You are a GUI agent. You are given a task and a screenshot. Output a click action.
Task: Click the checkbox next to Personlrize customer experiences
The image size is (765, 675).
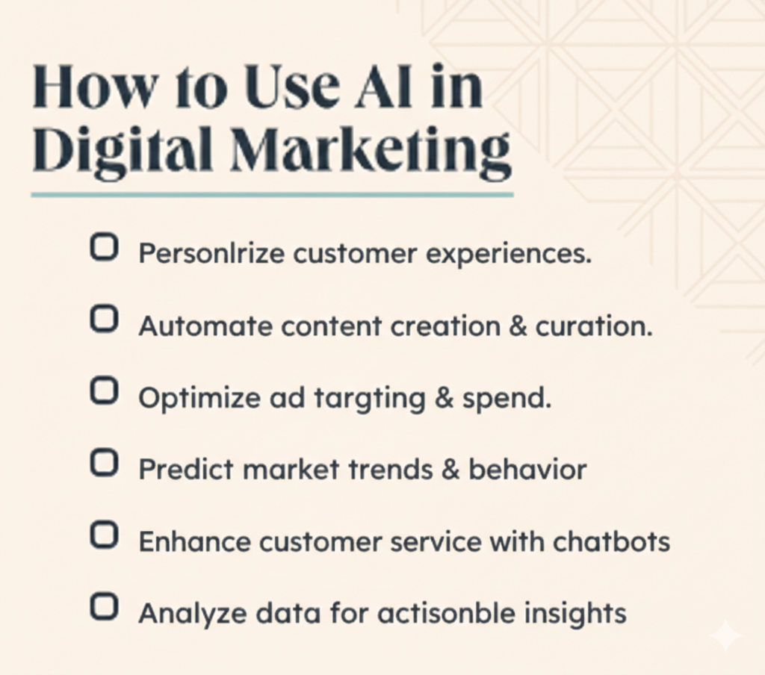[104, 248]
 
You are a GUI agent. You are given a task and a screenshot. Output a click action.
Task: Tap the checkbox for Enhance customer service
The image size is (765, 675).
[104, 535]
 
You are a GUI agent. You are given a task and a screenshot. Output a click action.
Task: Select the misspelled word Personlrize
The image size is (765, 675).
[212, 255]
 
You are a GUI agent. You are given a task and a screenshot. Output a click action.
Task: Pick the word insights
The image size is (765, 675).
[574, 613]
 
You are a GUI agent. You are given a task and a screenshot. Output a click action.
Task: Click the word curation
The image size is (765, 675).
[594, 326]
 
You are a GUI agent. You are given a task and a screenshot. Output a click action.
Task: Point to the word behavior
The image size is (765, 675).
[527, 470]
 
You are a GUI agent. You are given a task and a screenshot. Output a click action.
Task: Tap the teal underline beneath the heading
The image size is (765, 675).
[272, 195]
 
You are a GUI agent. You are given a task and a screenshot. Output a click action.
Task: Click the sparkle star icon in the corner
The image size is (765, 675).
[725, 636]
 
